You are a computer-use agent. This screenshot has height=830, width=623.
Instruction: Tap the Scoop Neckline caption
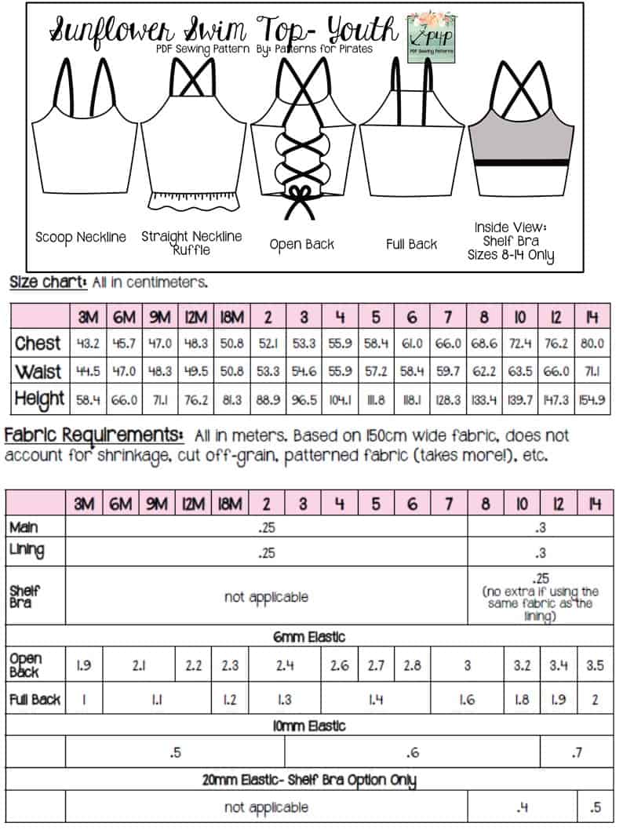point(81,237)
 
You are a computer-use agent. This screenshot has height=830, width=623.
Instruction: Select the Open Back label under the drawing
point(302,244)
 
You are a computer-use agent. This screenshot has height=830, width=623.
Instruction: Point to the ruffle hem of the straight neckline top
point(191,197)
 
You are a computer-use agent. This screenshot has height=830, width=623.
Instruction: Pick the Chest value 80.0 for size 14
point(592,344)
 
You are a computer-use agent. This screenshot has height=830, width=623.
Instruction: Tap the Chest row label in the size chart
point(38,343)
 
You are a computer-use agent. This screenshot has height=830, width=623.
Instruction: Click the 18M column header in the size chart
point(229,317)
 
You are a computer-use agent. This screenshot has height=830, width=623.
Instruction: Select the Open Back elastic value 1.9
point(84,665)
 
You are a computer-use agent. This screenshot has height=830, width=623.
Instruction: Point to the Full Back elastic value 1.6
point(467,700)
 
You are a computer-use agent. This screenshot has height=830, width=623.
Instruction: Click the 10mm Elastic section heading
point(309,726)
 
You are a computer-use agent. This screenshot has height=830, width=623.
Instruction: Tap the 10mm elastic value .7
point(577,753)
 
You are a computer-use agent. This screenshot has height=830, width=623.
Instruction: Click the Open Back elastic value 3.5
point(595,665)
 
